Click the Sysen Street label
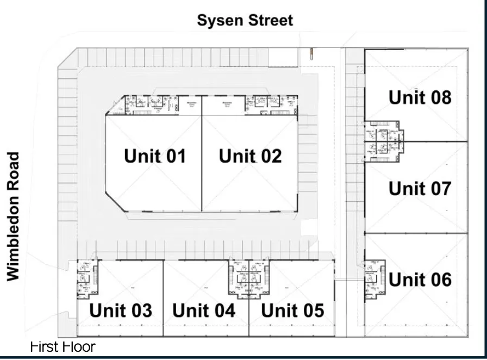(x=245, y=21)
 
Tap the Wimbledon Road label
(x=14, y=216)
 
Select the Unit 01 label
(x=155, y=156)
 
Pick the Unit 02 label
(x=250, y=156)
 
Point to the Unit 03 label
(x=121, y=311)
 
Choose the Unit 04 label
(x=204, y=311)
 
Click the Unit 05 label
(x=292, y=311)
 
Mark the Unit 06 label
(x=420, y=280)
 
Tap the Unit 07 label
(x=420, y=189)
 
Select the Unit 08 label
(x=420, y=98)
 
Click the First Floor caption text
(x=63, y=346)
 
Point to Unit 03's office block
(x=86, y=278)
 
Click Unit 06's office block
(x=374, y=278)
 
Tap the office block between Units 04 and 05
(x=248, y=277)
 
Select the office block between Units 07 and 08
(x=383, y=141)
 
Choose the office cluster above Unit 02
(x=271, y=103)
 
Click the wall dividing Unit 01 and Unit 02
(x=202, y=163)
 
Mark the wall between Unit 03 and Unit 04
(x=164, y=298)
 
